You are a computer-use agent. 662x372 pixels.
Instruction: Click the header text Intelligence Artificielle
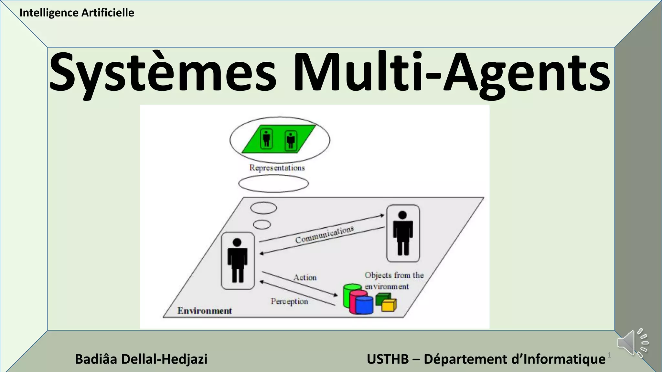(77, 13)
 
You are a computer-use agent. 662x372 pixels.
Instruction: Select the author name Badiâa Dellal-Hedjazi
(141, 359)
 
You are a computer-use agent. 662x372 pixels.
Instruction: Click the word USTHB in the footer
(388, 359)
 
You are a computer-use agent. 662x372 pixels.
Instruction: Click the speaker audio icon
(632, 343)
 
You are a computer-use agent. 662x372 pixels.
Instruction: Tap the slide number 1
(609, 355)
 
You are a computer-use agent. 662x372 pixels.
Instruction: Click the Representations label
(277, 168)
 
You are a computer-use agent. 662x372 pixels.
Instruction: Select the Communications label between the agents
(324, 235)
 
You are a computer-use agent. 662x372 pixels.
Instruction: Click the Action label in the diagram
(305, 277)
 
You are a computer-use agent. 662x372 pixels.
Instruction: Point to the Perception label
(289, 301)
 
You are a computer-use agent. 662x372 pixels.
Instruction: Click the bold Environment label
(205, 311)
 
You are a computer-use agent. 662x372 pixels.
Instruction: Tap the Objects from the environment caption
(394, 281)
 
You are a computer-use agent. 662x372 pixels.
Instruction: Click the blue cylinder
(364, 305)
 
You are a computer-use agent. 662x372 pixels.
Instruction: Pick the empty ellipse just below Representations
(273, 184)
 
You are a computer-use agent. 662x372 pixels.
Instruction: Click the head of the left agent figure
(237, 243)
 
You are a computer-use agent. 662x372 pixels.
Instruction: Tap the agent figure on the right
(403, 233)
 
